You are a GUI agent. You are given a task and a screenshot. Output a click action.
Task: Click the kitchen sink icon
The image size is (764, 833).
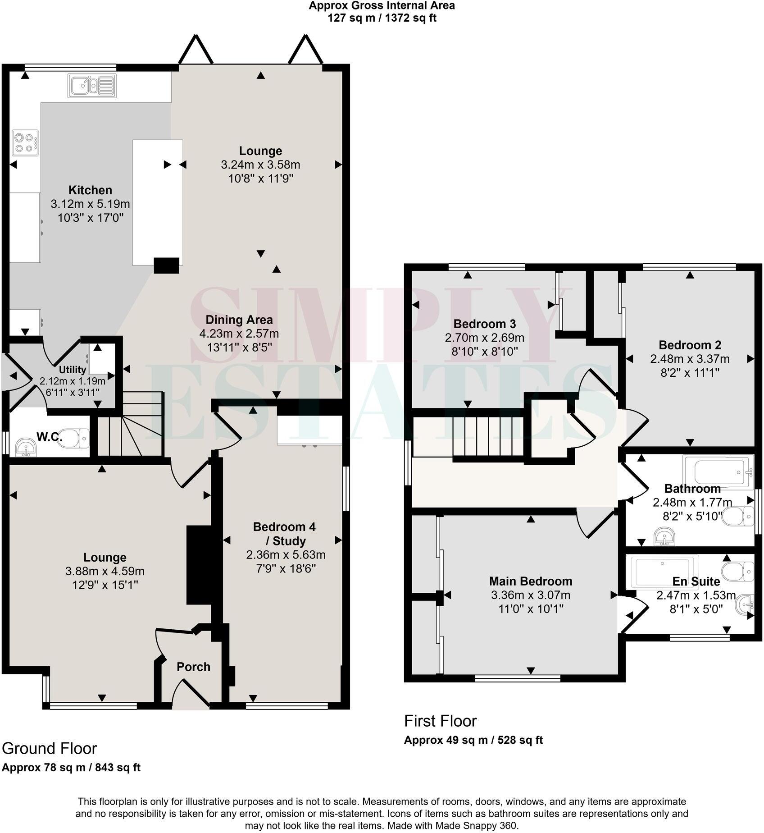(x=91, y=85)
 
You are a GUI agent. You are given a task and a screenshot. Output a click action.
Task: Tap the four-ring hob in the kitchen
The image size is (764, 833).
(x=25, y=142)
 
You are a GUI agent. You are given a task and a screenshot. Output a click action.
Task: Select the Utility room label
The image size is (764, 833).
(x=73, y=370)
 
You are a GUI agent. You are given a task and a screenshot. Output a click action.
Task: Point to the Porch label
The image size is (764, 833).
(x=193, y=667)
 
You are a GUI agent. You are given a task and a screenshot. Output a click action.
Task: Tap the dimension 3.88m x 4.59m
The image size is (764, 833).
(x=105, y=571)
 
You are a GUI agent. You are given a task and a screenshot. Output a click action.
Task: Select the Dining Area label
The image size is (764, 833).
(x=239, y=320)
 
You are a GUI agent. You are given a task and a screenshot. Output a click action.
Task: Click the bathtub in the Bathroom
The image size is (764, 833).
(x=718, y=472)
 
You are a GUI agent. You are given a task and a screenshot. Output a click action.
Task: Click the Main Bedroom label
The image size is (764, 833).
(x=530, y=581)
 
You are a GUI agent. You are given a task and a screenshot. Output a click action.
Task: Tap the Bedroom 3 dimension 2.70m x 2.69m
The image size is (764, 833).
(x=484, y=338)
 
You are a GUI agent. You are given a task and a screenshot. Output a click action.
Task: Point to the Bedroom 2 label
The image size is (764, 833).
(x=690, y=345)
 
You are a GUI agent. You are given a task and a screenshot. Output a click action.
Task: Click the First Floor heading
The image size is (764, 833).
(x=440, y=721)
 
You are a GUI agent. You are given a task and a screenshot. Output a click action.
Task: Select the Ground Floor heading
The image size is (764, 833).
(x=49, y=748)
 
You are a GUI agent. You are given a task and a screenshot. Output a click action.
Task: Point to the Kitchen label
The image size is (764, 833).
(x=90, y=190)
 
